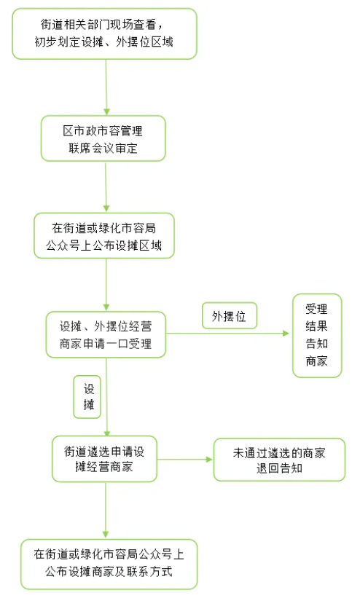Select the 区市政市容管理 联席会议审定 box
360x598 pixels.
103,140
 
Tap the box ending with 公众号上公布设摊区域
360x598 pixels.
105,235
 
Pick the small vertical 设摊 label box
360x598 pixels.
87,397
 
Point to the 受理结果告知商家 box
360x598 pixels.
316,335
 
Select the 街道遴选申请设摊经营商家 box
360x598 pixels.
104,459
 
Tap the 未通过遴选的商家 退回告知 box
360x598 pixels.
278,460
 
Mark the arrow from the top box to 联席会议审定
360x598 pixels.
106,87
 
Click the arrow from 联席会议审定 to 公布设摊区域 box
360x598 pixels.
106,187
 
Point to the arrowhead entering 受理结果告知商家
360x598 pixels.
286,334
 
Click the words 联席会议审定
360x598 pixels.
103,149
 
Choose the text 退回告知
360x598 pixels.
278,468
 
